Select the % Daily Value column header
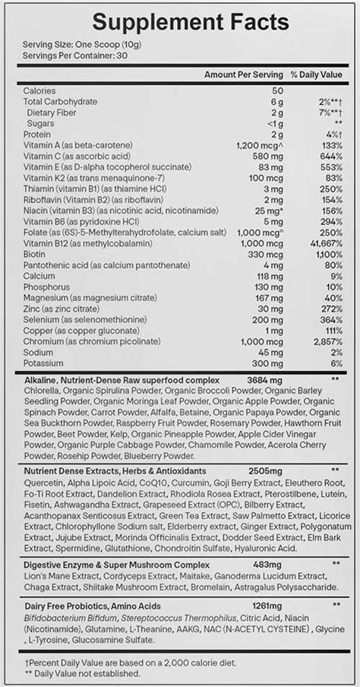click(316, 77)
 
